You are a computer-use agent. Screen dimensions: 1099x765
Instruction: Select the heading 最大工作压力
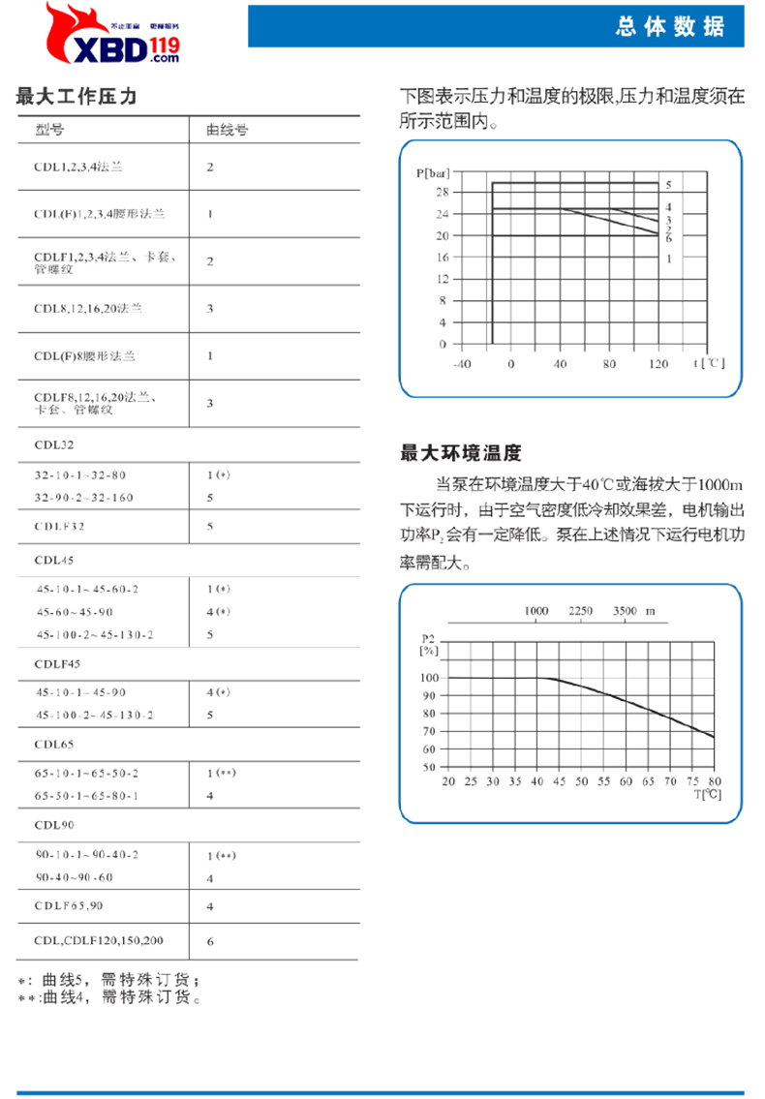(76, 97)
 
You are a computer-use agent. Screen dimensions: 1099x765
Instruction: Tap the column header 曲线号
(226, 129)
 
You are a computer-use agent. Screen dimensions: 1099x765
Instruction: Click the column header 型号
(49, 129)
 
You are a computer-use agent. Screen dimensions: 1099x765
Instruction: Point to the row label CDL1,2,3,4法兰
(77, 167)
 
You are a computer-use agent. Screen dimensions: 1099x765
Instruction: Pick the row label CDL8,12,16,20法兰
(88, 309)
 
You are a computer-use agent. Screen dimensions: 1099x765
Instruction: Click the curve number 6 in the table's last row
(210, 941)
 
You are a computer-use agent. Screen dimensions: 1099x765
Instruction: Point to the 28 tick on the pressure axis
(440, 192)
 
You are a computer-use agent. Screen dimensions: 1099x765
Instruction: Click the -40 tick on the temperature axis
(462, 364)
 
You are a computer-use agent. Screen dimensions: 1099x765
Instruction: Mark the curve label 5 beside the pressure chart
(668, 184)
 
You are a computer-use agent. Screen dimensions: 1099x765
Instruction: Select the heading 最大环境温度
(461, 453)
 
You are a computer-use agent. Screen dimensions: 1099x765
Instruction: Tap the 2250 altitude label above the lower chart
(580, 611)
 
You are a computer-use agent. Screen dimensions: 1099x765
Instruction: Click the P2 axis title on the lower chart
(429, 639)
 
